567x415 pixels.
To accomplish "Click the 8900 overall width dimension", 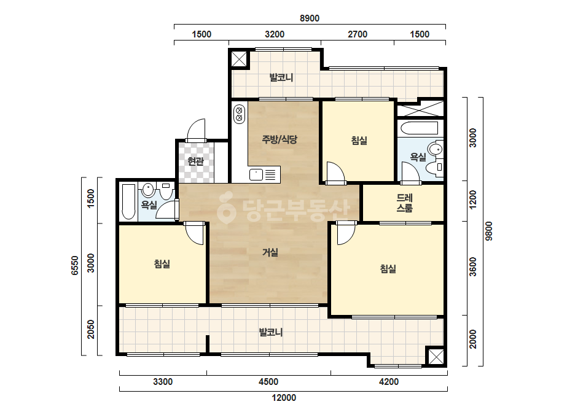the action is tap(310, 18).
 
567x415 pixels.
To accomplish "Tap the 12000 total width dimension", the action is tap(284, 398).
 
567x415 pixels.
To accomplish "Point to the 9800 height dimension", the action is tap(488, 231).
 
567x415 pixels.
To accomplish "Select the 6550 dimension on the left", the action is tap(74, 266).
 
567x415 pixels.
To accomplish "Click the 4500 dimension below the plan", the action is tap(268, 382).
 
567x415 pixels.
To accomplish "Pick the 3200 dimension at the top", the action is tap(275, 34).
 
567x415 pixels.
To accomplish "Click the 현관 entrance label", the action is tap(195, 161).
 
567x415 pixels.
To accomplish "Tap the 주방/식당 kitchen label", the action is tap(280, 139).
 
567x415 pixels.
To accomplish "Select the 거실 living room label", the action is tap(270, 252).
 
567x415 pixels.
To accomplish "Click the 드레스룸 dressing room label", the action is tap(405, 203).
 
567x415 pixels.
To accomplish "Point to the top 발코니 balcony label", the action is tap(281, 77).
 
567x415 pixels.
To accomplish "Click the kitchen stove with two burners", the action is tap(240, 114).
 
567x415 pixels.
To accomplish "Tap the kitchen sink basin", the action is tap(256, 174).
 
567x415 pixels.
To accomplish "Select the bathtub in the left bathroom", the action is tap(129, 202).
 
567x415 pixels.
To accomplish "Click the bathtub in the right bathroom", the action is tap(420, 128).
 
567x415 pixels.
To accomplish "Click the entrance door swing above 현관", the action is tap(195, 130).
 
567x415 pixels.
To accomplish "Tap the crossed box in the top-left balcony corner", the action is tap(239, 59).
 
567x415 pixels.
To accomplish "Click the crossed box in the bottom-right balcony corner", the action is tap(436, 357).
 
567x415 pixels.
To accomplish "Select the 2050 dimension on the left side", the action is tap(91, 329).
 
